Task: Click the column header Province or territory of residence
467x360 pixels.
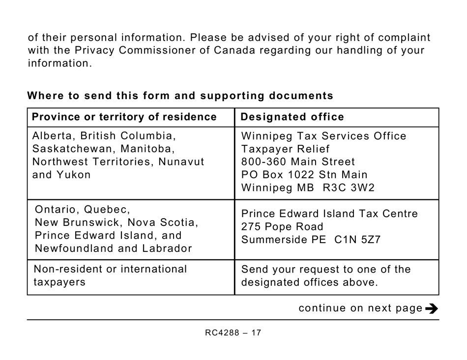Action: tap(124, 117)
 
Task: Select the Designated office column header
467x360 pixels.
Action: tap(292, 117)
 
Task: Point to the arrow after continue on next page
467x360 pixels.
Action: tap(431, 309)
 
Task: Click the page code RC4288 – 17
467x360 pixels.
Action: tap(233, 333)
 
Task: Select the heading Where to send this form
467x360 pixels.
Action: tap(180, 96)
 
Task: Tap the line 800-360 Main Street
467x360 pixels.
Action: tap(298, 162)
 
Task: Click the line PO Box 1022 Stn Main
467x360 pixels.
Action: tap(304, 175)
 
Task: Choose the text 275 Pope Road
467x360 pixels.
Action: tap(282, 227)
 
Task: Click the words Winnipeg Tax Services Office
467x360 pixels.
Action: tap(324, 136)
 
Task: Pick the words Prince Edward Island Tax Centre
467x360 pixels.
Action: tap(329, 214)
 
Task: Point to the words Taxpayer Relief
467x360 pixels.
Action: tap(286, 149)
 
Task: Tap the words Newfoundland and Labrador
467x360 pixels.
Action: tap(113, 249)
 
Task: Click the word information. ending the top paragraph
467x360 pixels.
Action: tap(59, 63)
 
